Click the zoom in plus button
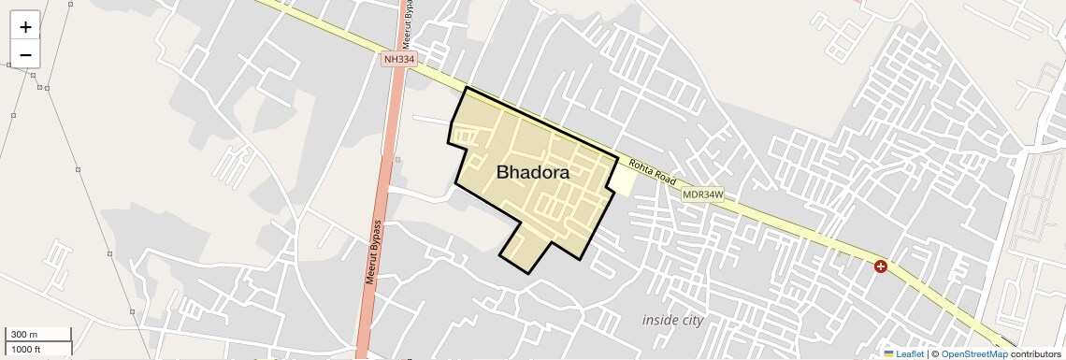pyautogui.click(x=25, y=27)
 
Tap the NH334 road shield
pyautogui.click(x=398, y=59)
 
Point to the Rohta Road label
pyautogui.click(x=652, y=171)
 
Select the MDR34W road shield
pyautogui.click(x=702, y=194)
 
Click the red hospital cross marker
pyautogui.click(x=881, y=266)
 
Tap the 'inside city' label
pyautogui.click(x=672, y=320)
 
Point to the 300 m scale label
pyautogui.click(x=24, y=335)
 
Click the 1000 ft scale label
pyautogui.click(x=26, y=349)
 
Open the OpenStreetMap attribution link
pyautogui.click(x=973, y=353)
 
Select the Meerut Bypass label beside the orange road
pyautogui.click(x=372, y=252)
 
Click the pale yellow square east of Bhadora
pyautogui.click(x=622, y=180)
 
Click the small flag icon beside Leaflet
pyautogui.click(x=888, y=353)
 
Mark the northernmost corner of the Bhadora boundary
pyautogui.click(x=466, y=88)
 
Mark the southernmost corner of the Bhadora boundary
pyautogui.click(x=529, y=273)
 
